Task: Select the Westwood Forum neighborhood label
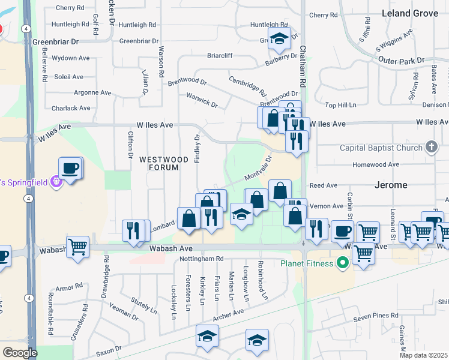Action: [x=159, y=163]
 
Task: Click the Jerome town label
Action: [x=390, y=185]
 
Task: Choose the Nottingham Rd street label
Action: [x=202, y=259]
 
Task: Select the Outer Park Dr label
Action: [x=401, y=61]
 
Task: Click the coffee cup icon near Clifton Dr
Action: [x=70, y=169]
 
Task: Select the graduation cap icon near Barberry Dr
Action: [x=279, y=39]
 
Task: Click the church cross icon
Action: [x=430, y=147]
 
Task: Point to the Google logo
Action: [x=19, y=353]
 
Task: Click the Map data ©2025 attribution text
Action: [x=424, y=355]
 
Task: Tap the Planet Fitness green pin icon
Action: [x=343, y=262]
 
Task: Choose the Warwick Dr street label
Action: [x=201, y=100]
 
